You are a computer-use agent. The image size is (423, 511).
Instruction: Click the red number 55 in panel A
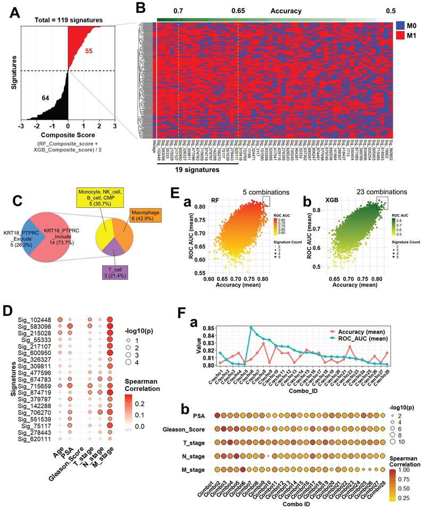[x=90, y=51]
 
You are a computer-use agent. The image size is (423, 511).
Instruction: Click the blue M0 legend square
[x=401, y=26]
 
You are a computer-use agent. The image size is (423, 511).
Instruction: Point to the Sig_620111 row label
[x=37, y=439]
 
